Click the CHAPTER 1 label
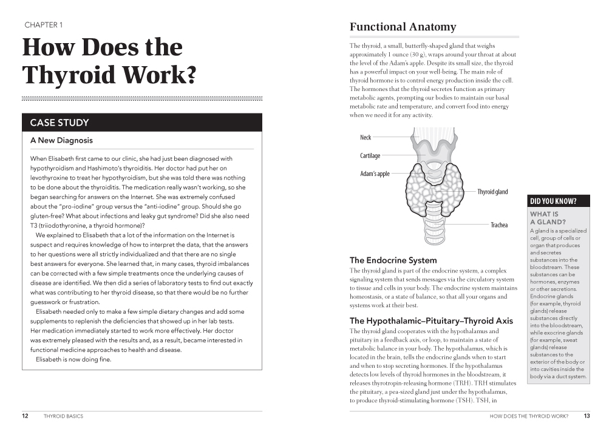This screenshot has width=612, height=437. click(43, 25)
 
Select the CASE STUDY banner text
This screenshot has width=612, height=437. click(59, 123)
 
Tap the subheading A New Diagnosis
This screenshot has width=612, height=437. click(61, 140)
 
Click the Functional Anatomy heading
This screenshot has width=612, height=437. click(403, 27)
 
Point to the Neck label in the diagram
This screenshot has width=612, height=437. click(365, 138)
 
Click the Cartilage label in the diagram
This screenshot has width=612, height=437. click(370, 156)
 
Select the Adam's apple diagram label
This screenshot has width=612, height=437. click(375, 174)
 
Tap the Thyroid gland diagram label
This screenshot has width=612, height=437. click(492, 192)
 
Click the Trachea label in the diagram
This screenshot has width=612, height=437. click(499, 225)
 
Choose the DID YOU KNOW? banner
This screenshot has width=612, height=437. click(553, 202)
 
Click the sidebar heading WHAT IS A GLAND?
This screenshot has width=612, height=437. click(548, 218)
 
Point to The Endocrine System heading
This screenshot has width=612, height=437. click(393, 260)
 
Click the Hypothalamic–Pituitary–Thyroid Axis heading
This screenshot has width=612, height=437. click(431, 320)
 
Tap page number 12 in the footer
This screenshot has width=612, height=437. click(25, 416)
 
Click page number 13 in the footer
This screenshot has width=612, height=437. click(586, 416)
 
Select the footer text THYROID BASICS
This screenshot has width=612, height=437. click(63, 416)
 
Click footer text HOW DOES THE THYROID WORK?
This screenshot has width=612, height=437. click(528, 416)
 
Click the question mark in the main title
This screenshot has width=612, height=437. click(189, 75)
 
